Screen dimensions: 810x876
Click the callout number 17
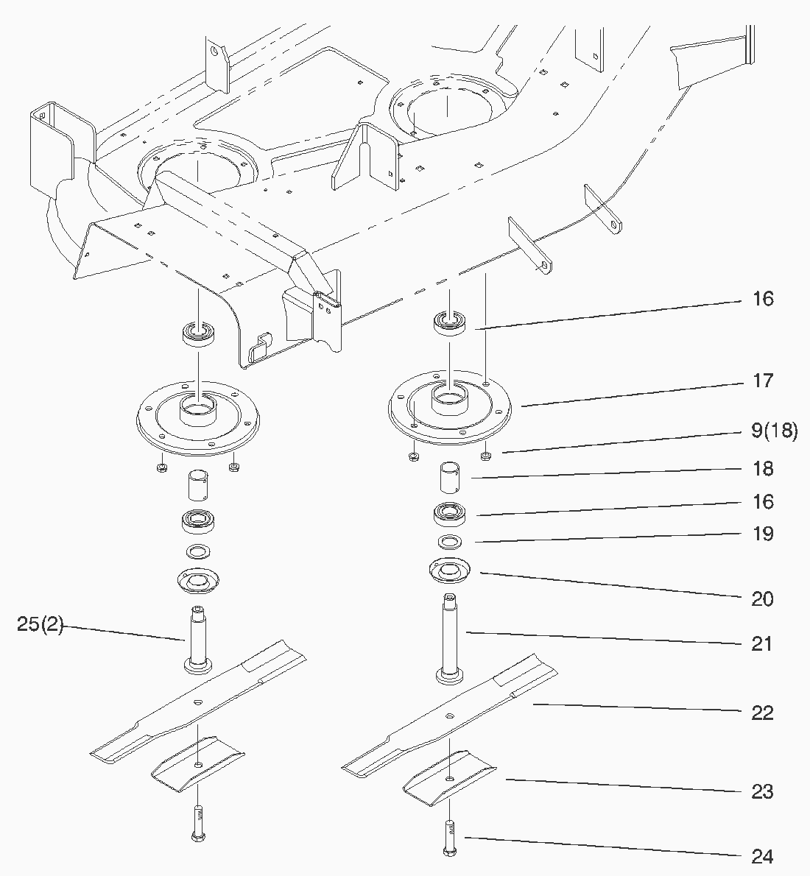[x=763, y=381]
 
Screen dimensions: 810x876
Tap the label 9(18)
[x=774, y=431]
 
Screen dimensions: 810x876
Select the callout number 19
[x=763, y=534]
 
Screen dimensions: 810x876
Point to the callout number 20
[x=762, y=599]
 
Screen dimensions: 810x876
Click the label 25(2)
[x=40, y=624]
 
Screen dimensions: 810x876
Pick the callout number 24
[x=762, y=856]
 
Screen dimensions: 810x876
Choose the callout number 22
[x=762, y=713]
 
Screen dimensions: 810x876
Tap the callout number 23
[x=762, y=791]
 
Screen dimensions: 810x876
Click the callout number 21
[x=762, y=644]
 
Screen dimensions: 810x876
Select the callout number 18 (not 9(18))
[x=763, y=469]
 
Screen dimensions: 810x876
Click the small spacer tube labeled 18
[x=450, y=477]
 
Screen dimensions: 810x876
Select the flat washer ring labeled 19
[x=450, y=541]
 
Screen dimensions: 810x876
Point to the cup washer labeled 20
[x=449, y=571]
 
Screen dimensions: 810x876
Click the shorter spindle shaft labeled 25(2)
[x=198, y=640]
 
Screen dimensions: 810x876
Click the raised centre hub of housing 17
[x=450, y=398]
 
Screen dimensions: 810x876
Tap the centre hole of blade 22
[x=450, y=716]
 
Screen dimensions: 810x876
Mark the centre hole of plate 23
[x=450, y=778]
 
